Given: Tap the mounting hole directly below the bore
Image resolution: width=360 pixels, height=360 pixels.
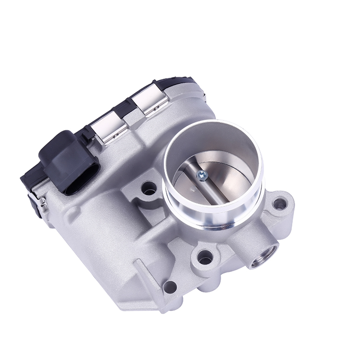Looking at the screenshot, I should click(205, 259).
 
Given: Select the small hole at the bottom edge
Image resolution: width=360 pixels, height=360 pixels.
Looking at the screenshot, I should click(169, 288).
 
